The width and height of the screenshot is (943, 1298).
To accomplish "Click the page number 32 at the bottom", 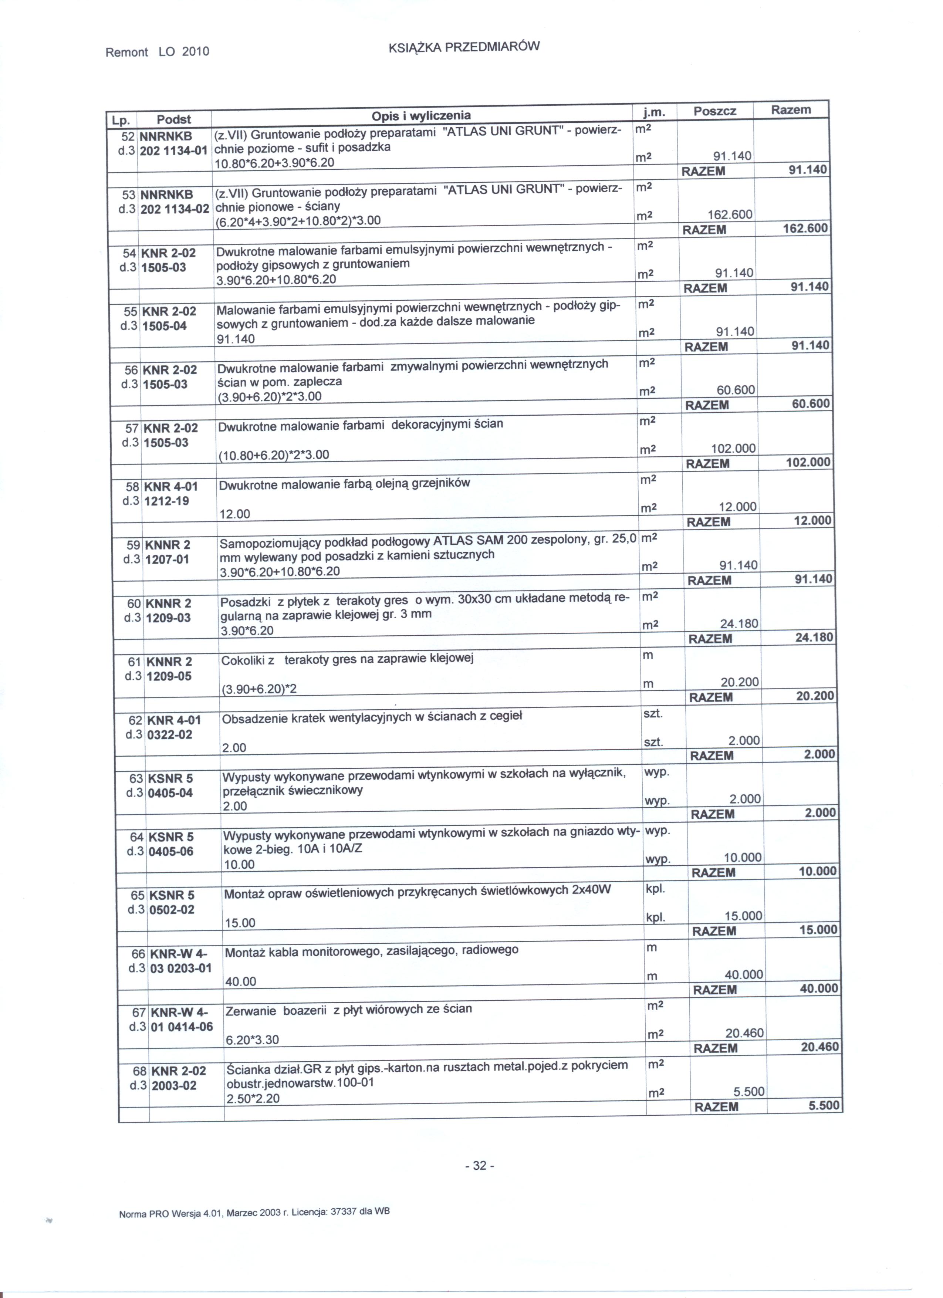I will (480, 1166).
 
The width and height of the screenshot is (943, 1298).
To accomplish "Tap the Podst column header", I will (173, 119).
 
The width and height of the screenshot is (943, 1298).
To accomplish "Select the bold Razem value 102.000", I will (808, 462).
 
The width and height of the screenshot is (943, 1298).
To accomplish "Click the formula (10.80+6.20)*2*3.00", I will (274, 455).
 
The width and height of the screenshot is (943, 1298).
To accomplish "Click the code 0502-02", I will (172, 909).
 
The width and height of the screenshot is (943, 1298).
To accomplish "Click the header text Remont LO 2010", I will (158, 52).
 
